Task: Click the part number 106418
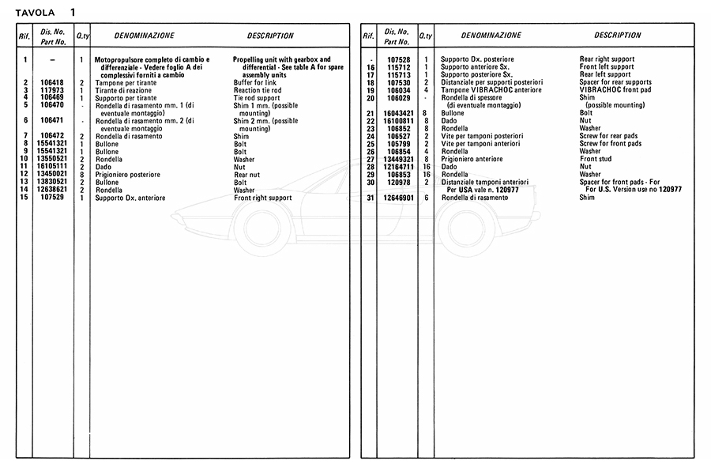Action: click(52, 82)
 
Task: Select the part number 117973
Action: click(52, 89)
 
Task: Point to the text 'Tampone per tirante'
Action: click(127, 82)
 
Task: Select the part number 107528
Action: click(398, 59)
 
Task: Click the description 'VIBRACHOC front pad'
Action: click(614, 89)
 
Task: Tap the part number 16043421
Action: click(398, 113)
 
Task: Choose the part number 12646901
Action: click(398, 198)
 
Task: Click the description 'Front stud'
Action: click(598, 159)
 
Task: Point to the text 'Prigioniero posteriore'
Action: click(128, 175)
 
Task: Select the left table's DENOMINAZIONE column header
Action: click(145, 36)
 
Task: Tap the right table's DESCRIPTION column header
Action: click(618, 36)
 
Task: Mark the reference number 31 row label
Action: click(370, 198)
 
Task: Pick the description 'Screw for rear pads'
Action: click(611, 136)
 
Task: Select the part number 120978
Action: click(398, 182)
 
